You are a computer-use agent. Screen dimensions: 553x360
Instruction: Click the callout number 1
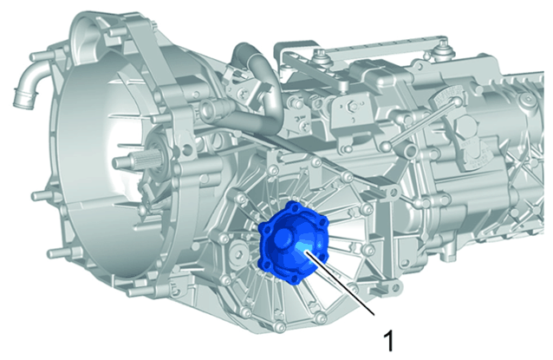[x=388, y=340]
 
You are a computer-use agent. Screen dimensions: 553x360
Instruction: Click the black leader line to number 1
[x=340, y=282]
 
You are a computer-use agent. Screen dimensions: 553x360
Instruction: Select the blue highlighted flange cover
[x=294, y=243]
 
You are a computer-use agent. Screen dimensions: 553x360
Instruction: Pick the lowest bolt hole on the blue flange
[x=293, y=280]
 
